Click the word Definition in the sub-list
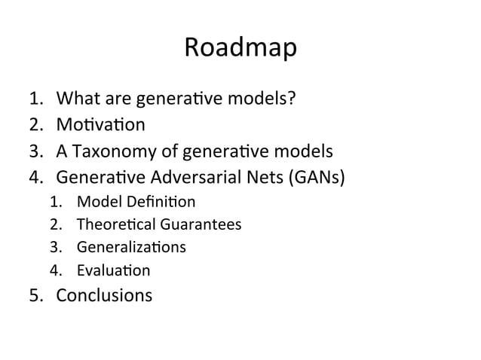(158, 202)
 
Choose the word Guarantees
(199, 224)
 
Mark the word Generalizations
(131, 247)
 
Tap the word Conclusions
(104, 294)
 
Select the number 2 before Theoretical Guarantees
(54, 224)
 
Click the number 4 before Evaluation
(54, 270)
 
